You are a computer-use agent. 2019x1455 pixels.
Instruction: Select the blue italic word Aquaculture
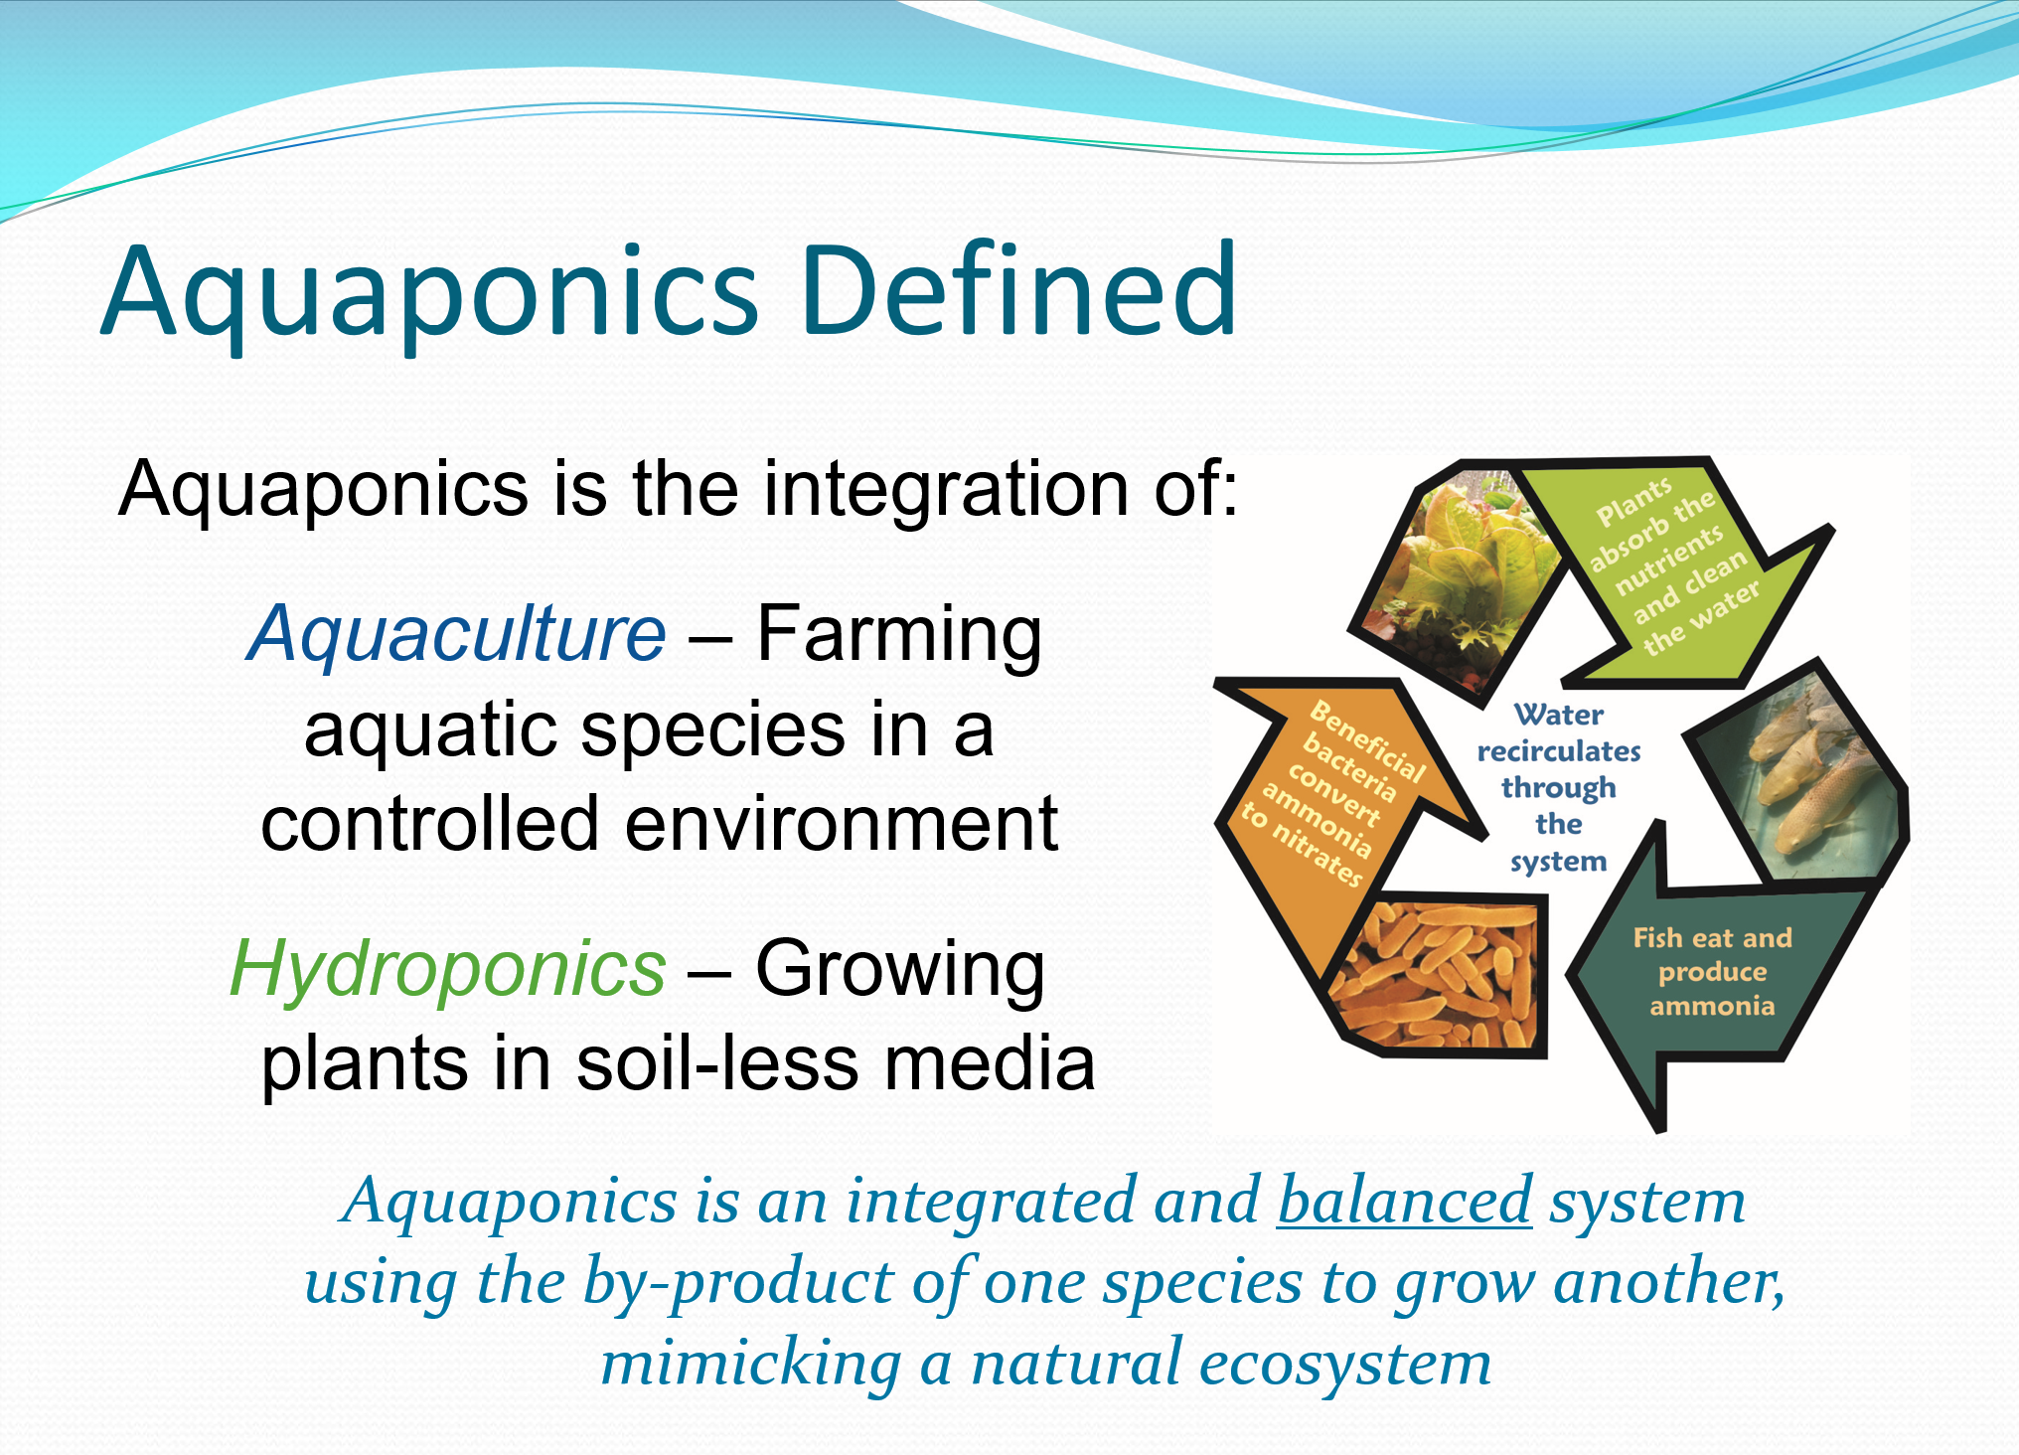(456, 633)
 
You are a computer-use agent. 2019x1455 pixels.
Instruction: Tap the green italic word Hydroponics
(447, 968)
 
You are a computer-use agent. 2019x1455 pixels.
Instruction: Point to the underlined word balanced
(1404, 1201)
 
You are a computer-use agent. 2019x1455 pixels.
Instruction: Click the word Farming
(898, 633)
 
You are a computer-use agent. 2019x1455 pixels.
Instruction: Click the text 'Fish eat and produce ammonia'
(1712, 971)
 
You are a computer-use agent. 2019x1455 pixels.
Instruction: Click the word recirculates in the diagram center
(1558, 751)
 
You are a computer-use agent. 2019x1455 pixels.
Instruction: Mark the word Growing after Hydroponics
(899, 968)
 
